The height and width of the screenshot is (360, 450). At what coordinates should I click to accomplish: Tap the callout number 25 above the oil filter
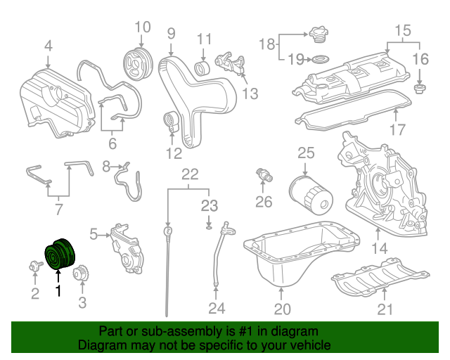pyautogui.click(x=304, y=153)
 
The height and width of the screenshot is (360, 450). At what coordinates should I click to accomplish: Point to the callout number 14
pyautogui.click(x=380, y=247)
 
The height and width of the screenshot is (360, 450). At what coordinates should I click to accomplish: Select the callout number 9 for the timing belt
pyautogui.click(x=171, y=32)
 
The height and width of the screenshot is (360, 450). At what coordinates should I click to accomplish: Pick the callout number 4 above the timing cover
pyautogui.click(x=48, y=46)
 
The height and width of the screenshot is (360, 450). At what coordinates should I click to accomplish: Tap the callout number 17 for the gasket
pyautogui.click(x=397, y=129)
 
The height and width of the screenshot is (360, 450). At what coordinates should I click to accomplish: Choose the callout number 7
pyautogui.click(x=58, y=210)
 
